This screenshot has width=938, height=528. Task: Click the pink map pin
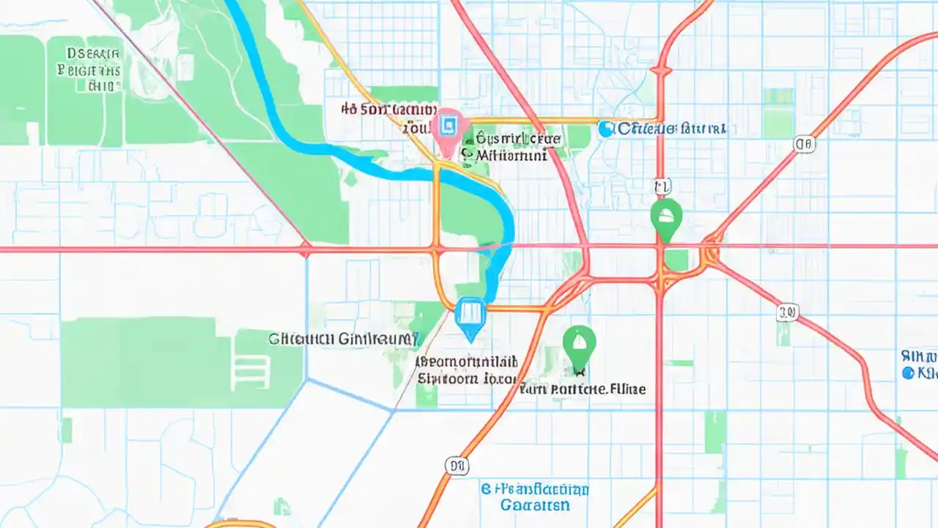(x=447, y=130)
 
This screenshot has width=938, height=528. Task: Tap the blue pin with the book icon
(x=470, y=316)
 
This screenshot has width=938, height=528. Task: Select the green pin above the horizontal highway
(x=666, y=218)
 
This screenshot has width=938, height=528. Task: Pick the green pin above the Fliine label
(x=579, y=345)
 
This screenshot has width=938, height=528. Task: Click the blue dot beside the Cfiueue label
(x=605, y=129)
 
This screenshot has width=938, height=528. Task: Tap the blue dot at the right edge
(x=909, y=373)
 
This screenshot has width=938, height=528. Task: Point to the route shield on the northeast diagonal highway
(x=804, y=144)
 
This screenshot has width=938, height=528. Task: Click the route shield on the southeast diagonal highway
(x=787, y=313)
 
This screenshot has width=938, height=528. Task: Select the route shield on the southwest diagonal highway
(x=455, y=464)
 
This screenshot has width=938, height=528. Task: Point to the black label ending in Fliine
(x=583, y=389)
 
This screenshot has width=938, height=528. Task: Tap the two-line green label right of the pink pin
(x=511, y=146)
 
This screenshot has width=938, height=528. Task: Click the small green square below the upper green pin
(x=677, y=260)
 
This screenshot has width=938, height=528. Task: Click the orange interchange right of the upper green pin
(x=709, y=253)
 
